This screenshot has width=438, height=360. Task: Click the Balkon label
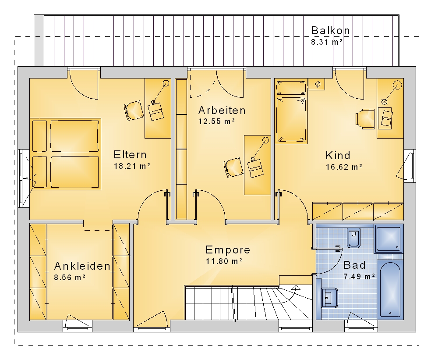330,31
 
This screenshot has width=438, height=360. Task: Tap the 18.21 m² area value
132,166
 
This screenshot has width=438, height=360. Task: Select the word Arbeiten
222,110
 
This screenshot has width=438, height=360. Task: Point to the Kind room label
338,156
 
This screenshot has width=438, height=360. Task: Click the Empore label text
228,250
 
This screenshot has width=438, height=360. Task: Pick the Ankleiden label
82,266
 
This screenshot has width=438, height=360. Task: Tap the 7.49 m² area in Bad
359,277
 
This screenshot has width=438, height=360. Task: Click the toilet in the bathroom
354,238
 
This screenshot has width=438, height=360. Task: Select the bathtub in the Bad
390,289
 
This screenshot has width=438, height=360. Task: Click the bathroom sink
330,298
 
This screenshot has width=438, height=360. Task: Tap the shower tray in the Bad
389,238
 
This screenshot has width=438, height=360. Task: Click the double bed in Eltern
65,154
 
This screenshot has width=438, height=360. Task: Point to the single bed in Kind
291,111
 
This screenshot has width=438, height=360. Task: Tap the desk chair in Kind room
365,119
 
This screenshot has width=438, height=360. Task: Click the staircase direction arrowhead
295,288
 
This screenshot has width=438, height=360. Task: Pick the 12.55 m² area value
217,121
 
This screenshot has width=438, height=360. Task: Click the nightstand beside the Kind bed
317,84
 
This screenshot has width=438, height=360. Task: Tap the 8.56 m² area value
70,278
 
